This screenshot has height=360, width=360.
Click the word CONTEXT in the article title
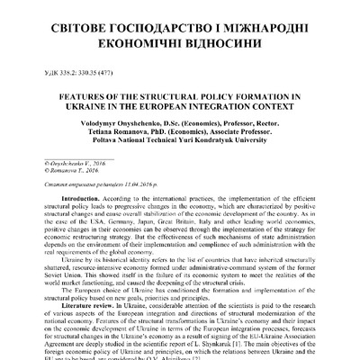[x=271, y=113]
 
